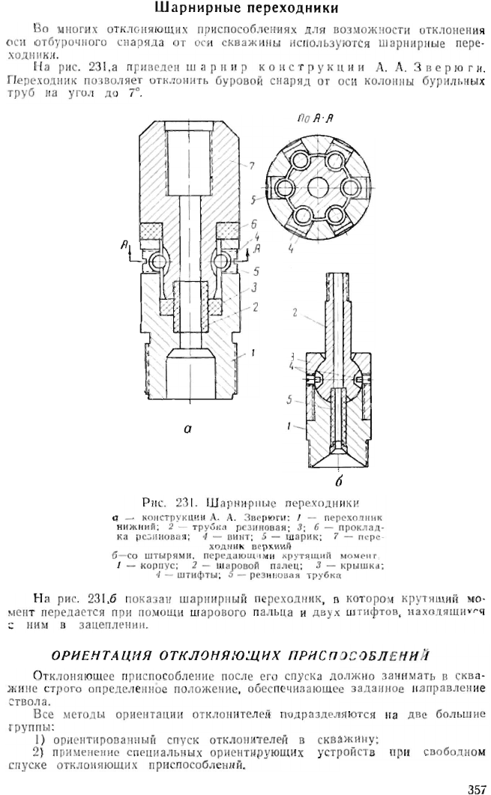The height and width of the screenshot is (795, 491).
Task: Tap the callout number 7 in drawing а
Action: point(252,165)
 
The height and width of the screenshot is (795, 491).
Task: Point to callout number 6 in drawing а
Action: point(253,223)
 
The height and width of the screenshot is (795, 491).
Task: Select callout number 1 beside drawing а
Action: point(253,352)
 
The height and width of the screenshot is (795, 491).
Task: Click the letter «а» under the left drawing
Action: point(187,429)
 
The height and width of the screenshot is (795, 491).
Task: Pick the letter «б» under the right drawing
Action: point(338,480)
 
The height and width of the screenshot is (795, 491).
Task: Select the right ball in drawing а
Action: point(221,261)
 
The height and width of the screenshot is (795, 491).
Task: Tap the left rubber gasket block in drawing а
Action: point(151,232)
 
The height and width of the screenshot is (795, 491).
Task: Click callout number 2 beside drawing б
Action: point(295,312)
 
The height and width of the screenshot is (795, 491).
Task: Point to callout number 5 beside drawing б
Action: point(289,400)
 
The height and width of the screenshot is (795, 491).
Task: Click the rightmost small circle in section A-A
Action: point(349,187)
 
